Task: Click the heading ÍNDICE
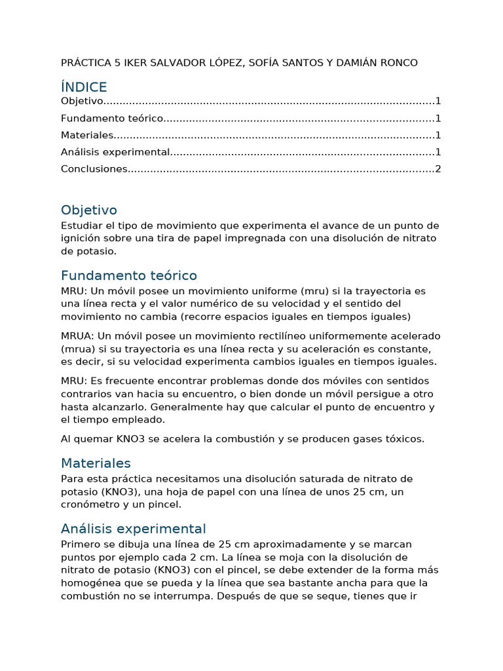click(84, 87)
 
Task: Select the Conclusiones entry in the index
click(94, 169)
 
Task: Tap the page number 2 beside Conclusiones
click(438, 169)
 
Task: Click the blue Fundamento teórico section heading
click(128, 275)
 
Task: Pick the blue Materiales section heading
click(96, 463)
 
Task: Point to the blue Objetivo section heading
click(89, 210)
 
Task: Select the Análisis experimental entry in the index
click(115, 152)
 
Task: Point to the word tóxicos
click(403, 439)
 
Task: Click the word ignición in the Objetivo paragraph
click(81, 238)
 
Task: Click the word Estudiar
click(81, 225)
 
